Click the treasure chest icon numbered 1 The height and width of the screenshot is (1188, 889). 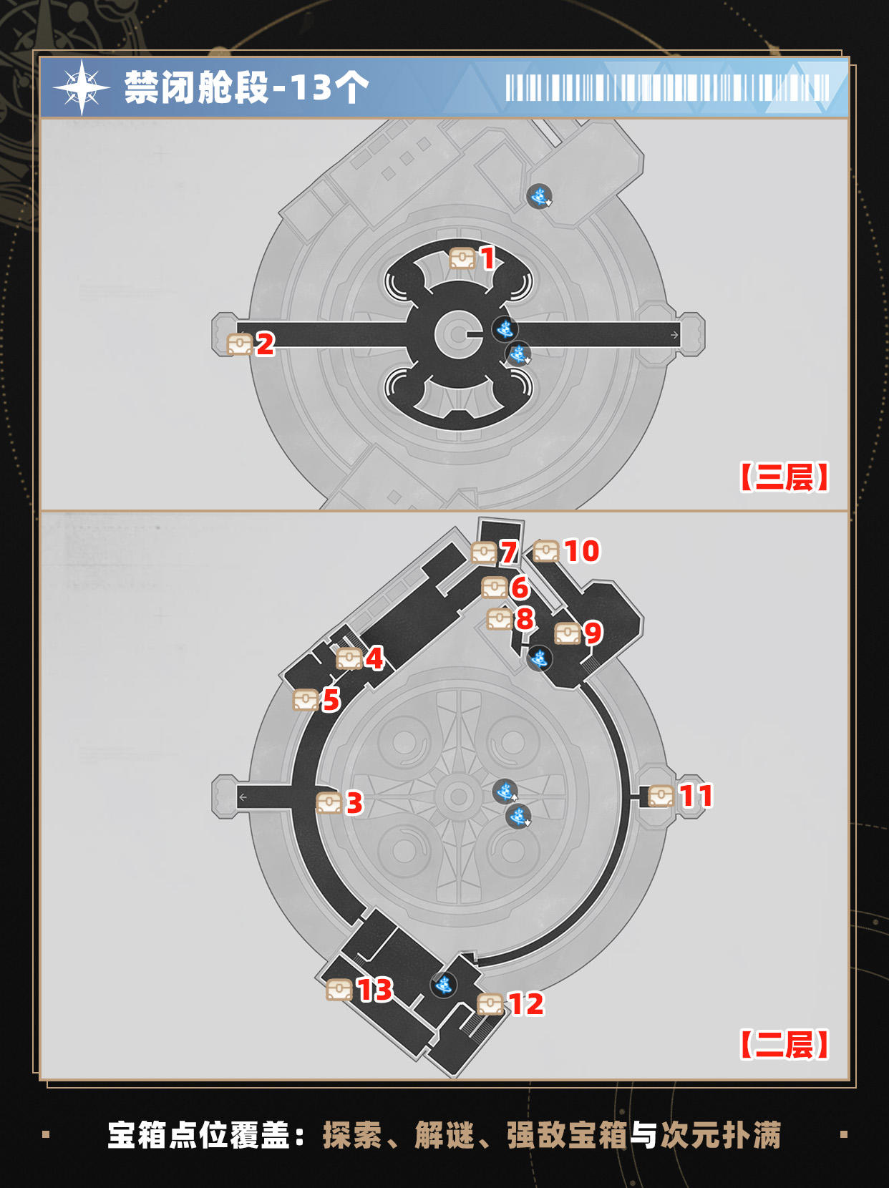click(x=462, y=258)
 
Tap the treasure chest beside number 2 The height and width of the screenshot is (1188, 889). click(x=239, y=344)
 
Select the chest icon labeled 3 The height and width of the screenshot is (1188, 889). click(x=329, y=803)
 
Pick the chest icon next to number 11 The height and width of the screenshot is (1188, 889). click(x=661, y=796)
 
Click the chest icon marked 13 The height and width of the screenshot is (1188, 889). click(x=340, y=990)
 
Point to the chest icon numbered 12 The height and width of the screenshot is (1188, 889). click(x=490, y=1004)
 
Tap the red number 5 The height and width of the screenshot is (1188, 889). click(x=331, y=701)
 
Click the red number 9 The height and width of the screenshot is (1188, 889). click(x=593, y=633)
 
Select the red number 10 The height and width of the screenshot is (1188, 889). click(x=582, y=551)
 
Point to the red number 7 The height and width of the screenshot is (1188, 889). click(x=509, y=552)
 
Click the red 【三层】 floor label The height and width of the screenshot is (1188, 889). click(x=784, y=477)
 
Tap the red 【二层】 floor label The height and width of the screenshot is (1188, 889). click(x=784, y=1045)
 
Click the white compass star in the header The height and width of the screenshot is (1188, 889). click(x=82, y=88)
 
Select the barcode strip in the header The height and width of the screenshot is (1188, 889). click(x=667, y=88)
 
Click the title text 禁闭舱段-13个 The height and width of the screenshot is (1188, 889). click(x=247, y=88)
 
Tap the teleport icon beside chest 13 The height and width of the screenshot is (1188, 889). click(x=444, y=985)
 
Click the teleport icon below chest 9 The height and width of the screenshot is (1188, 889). click(x=539, y=658)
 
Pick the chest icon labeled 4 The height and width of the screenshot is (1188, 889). click(x=349, y=658)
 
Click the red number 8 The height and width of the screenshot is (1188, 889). click(x=525, y=619)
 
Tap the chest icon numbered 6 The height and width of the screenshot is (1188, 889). click(x=495, y=588)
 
